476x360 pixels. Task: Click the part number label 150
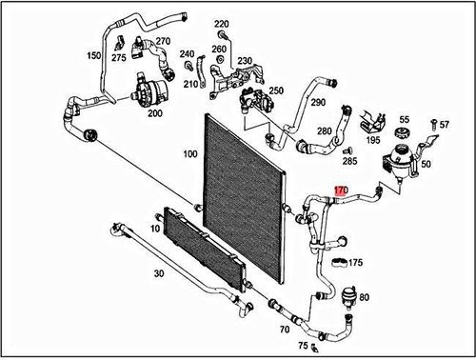93,57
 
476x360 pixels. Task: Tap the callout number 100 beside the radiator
189,153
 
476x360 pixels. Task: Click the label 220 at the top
222,23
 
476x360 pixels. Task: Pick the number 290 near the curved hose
344,101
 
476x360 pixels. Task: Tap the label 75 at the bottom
303,346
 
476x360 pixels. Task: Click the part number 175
355,262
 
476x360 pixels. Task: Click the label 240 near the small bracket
188,54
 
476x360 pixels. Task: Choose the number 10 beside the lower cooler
155,230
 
